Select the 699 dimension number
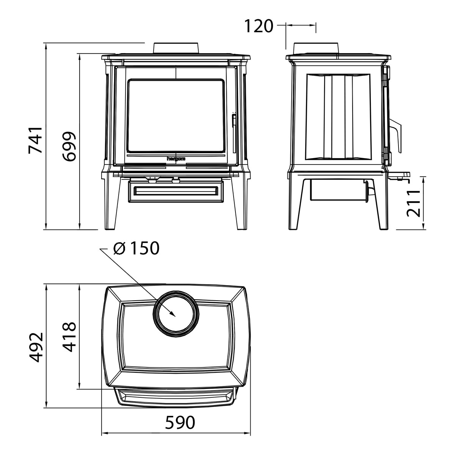69,146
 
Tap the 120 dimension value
259,26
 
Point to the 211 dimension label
413,203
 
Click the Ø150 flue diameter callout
136,248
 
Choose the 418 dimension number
69,337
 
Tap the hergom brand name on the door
176,158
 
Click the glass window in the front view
176,116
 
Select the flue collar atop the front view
176,48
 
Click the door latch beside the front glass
234,132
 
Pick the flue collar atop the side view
316,48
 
